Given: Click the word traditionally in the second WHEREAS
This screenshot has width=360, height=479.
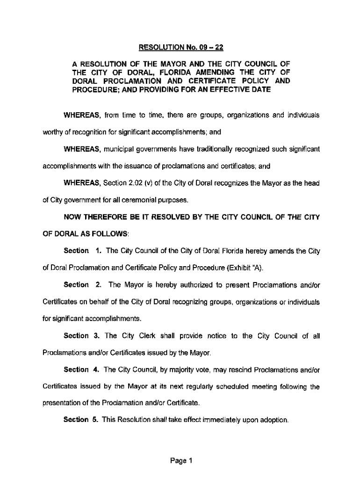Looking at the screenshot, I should [x=205, y=149].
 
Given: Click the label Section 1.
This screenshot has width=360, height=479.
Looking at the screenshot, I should [x=83, y=251].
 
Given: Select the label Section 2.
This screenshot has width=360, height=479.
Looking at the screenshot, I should [x=83, y=285].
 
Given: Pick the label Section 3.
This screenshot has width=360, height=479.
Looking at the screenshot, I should [x=83, y=335].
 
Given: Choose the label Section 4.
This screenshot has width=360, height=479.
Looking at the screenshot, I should [x=83, y=370].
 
